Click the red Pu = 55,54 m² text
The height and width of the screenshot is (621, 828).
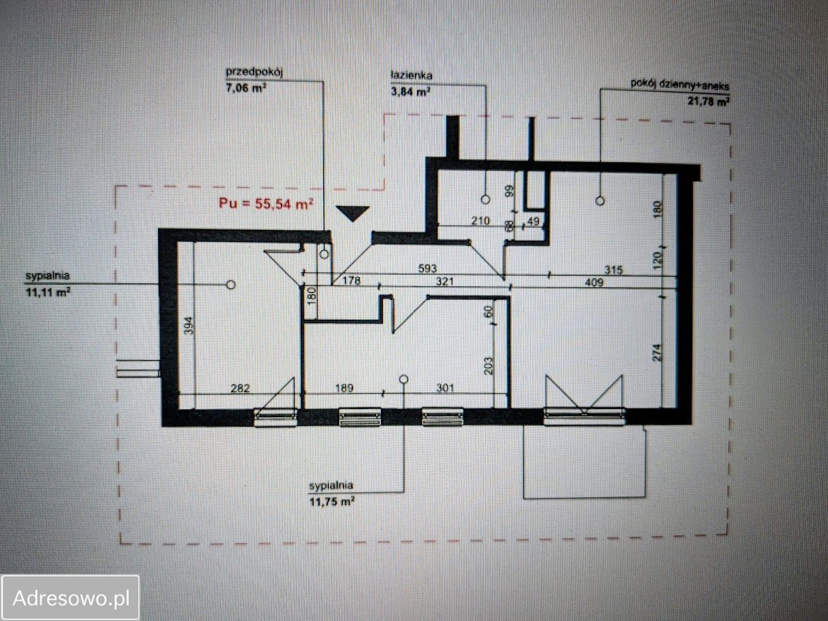coord(266,204)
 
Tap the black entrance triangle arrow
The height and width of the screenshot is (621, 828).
coord(353,213)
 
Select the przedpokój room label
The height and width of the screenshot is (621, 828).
coord(254,72)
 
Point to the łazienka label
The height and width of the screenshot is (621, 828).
coord(412,76)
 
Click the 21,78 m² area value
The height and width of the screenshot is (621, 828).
coord(708,101)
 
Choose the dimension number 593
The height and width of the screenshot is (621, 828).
coord(427,269)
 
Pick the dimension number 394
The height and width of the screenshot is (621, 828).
coord(189,326)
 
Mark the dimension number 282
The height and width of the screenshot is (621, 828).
coord(241,388)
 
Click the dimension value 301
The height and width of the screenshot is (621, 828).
coord(445,388)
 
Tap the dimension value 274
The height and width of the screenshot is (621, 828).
coord(657,352)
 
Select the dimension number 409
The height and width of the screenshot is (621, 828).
coord(594,282)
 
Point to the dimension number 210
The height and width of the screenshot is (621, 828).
coord(480,221)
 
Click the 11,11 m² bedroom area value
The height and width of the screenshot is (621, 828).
coord(48,292)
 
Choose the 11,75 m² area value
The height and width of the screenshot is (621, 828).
coord(332,502)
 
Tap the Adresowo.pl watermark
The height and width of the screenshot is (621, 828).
coord(71,598)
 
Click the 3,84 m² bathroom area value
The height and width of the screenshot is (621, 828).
coord(410,91)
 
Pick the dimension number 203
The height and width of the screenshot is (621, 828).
coord(488,365)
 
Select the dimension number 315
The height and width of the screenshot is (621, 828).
coord(613,270)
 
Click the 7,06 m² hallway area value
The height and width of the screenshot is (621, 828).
coord(245,89)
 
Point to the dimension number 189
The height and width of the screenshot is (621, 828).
coord(344,388)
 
